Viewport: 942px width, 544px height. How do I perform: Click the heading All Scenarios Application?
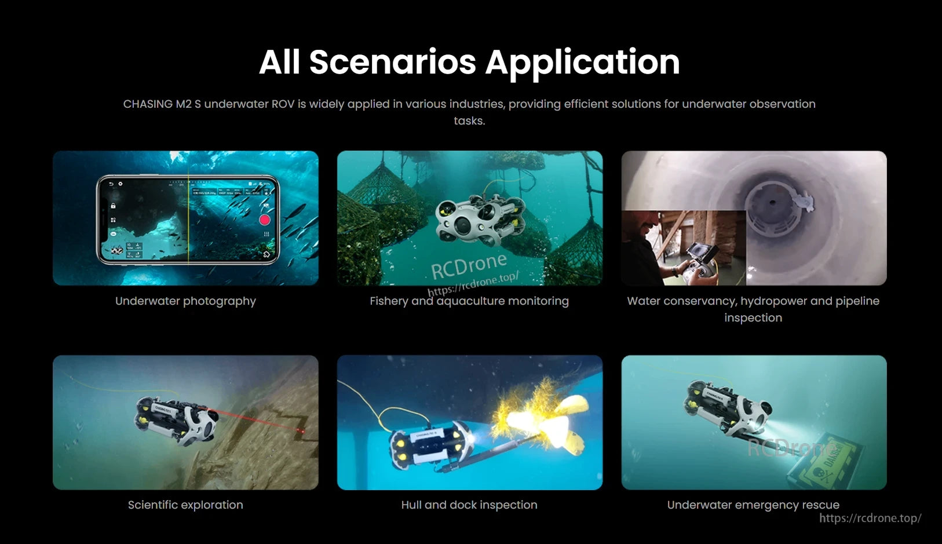pos(469,62)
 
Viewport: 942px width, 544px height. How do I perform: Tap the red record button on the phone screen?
pos(264,220)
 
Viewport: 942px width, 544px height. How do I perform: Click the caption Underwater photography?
pos(185,301)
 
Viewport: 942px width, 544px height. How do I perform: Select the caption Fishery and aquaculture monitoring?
pos(469,301)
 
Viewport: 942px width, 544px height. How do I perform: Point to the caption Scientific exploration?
pos(185,505)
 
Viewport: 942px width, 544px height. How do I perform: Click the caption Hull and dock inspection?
pos(469,505)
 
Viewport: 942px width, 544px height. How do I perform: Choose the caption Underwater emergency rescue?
pos(753,505)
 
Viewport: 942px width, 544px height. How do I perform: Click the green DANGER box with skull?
pos(826,463)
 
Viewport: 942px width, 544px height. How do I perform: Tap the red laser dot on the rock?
pos(300,431)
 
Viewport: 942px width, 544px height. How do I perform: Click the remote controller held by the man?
pos(698,266)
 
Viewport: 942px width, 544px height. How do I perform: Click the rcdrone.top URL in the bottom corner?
pos(870,519)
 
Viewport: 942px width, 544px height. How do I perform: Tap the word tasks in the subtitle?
pos(469,121)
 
